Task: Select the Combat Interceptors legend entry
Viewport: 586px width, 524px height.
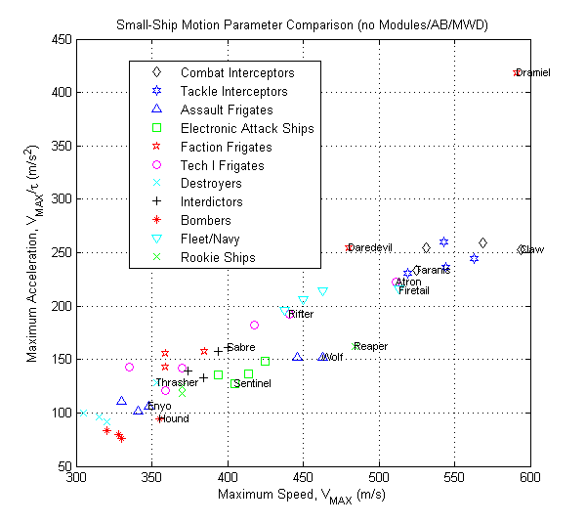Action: [236, 73]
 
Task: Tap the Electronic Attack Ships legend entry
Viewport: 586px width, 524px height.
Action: [246, 129]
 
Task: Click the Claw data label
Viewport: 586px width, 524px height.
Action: [533, 249]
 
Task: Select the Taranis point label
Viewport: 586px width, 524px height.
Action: [432, 270]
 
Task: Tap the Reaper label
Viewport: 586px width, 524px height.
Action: [370, 346]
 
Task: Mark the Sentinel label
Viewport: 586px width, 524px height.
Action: [252, 384]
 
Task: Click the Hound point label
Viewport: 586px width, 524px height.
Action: [173, 419]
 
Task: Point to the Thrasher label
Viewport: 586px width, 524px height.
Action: [177, 382]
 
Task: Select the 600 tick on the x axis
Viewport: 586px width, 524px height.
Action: [530, 480]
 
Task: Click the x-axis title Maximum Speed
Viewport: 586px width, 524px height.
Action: [300, 499]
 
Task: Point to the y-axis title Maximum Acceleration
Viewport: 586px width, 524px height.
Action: [31, 253]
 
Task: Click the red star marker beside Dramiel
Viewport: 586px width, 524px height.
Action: [517, 73]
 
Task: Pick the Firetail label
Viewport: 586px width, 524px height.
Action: [413, 290]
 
